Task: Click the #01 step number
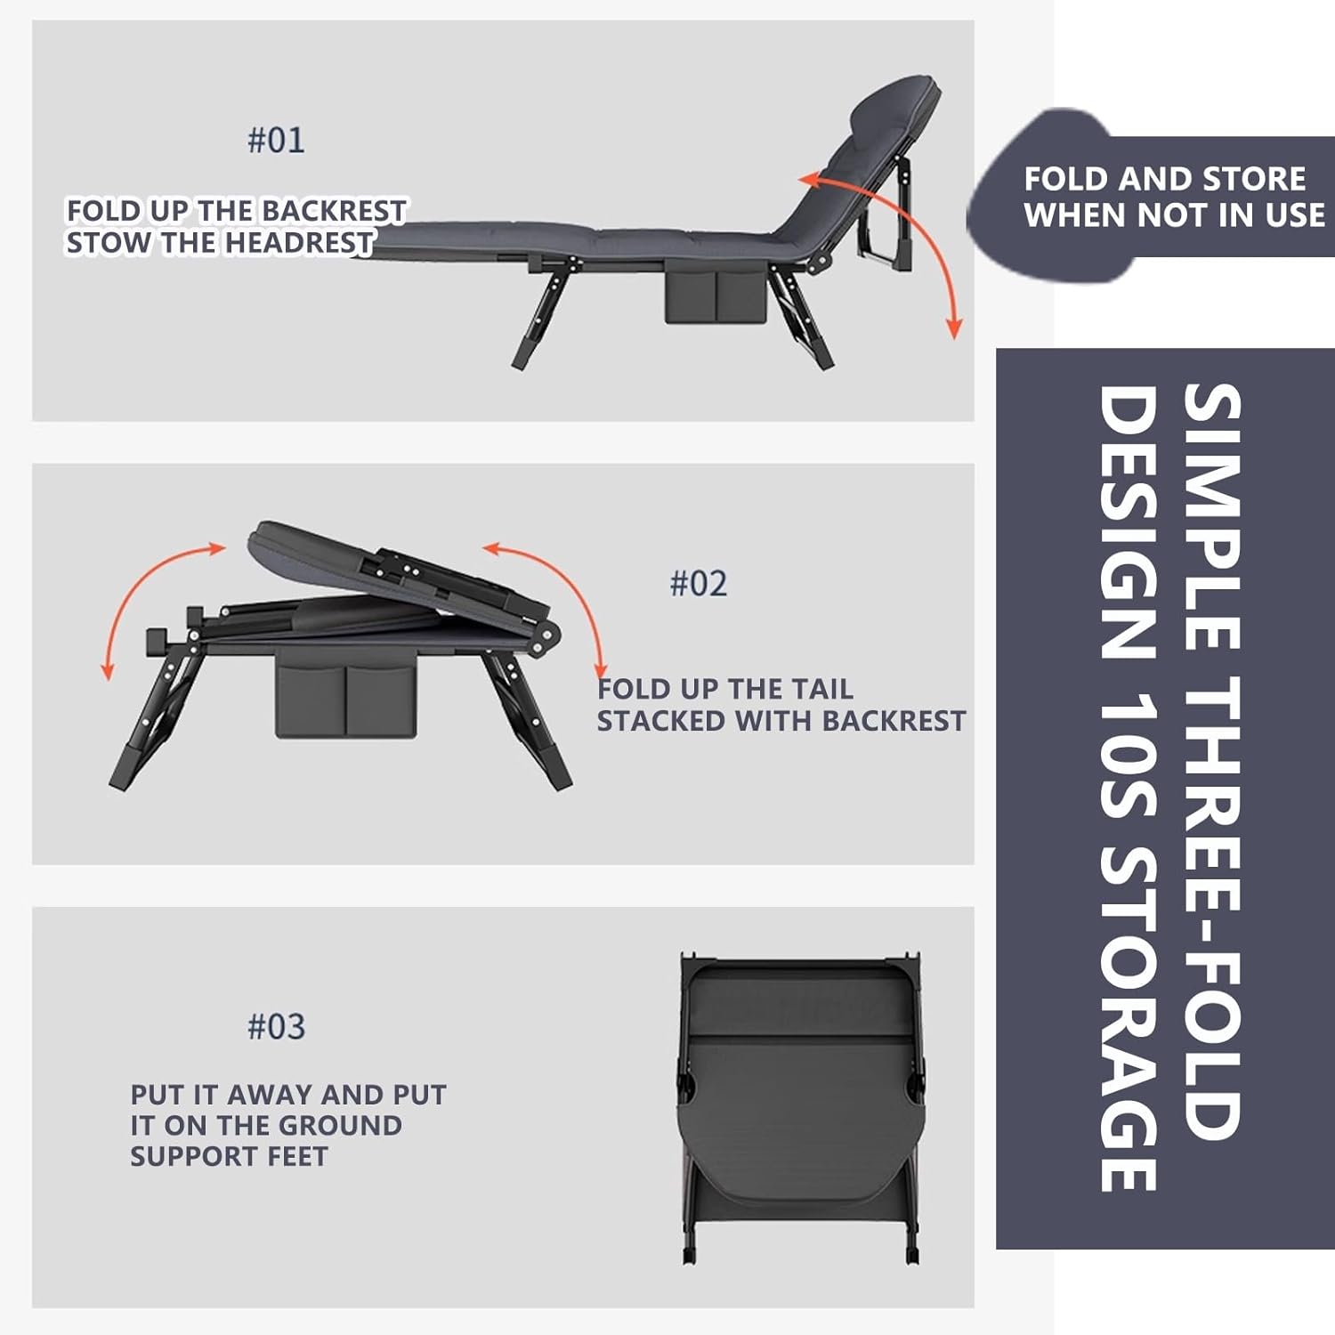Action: coord(276,141)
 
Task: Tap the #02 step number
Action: coord(699,584)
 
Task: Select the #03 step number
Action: coord(276,1027)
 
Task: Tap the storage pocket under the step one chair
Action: coord(715,295)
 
